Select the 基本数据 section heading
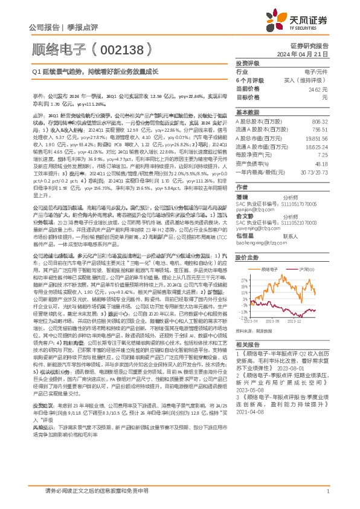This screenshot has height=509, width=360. [x=246, y=112]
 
